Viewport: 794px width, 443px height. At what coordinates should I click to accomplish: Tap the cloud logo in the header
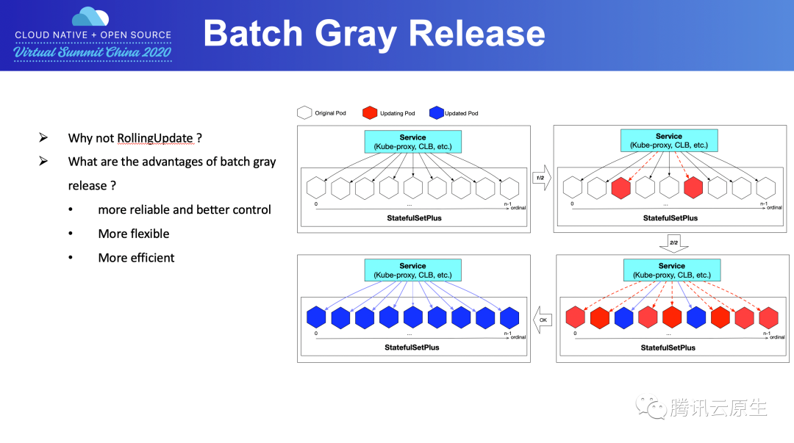[90, 16]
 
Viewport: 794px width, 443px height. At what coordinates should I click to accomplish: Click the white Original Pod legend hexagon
[304, 112]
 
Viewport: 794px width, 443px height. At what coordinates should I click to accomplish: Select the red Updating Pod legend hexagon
[370, 112]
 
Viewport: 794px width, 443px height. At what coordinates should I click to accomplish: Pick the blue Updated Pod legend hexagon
[437, 112]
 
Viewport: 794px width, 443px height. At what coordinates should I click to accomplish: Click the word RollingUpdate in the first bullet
[155, 138]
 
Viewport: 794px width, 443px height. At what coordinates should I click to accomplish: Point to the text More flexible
[134, 234]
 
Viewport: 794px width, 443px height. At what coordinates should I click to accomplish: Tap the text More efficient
[136, 258]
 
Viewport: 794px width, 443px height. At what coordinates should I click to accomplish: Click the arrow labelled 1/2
[542, 178]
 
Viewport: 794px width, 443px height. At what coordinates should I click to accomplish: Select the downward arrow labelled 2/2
[673, 243]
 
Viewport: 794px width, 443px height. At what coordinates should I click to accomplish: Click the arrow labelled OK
[543, 320]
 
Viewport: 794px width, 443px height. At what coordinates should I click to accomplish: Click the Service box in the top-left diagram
[412, 142]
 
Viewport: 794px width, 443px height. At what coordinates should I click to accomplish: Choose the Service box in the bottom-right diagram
[672, 270]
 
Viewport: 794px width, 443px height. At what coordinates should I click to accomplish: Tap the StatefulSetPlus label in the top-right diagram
[670, 217]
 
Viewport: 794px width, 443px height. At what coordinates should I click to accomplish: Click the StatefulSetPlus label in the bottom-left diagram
[412, 347]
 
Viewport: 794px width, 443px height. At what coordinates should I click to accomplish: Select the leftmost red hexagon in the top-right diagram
[620, 188]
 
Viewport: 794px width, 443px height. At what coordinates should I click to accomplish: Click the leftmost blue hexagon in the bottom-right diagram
[624, 318]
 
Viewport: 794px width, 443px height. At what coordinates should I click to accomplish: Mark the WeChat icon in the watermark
[651, 406]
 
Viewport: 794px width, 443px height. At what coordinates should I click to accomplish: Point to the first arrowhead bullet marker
[43, 137]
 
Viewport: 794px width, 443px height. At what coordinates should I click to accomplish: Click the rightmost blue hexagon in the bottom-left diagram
[509, 317]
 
